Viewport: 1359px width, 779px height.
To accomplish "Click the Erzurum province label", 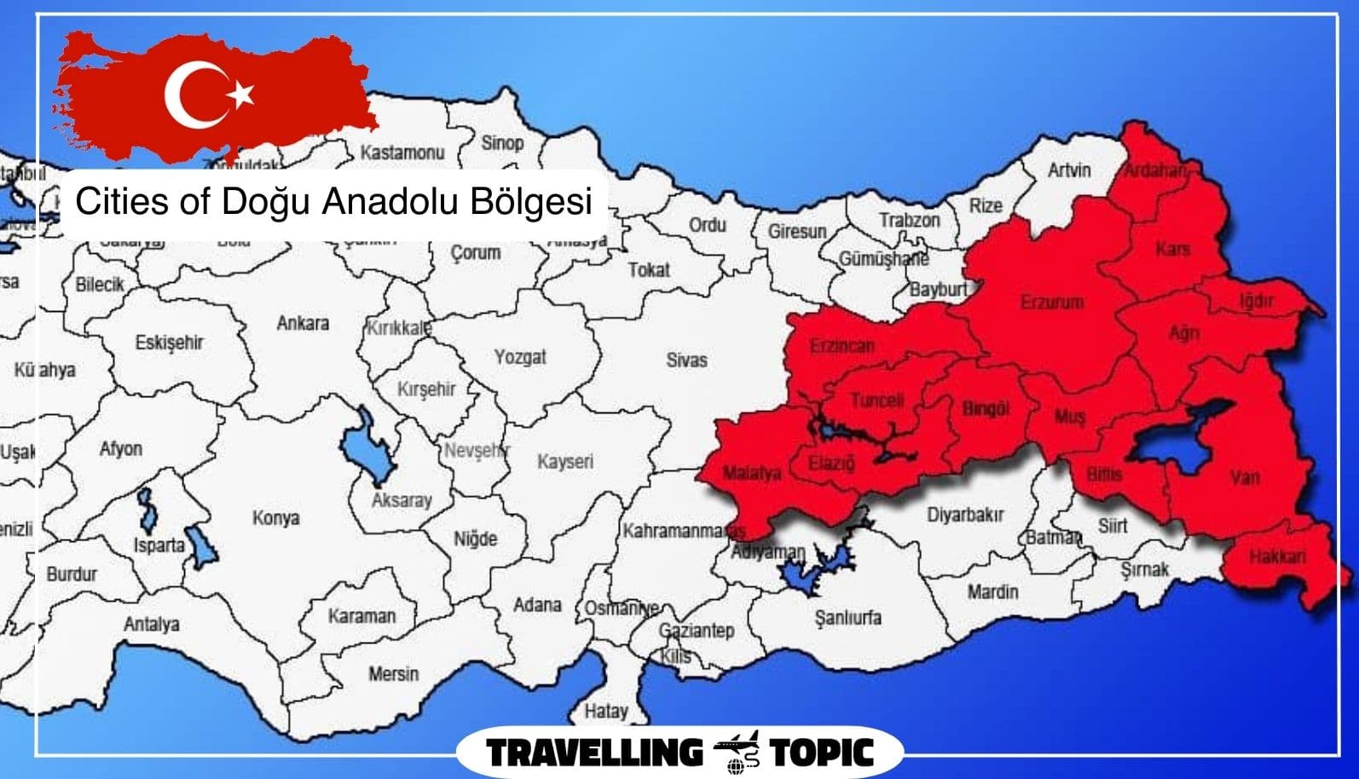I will (1052, 303).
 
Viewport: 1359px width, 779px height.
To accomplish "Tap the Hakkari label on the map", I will (1277, 557).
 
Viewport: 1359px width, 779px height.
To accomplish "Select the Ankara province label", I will (303, 324).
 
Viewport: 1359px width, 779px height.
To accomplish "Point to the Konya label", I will (275, 518).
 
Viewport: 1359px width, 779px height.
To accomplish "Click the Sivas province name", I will (686, 361).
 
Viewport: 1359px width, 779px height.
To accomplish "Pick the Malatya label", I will (751, 473).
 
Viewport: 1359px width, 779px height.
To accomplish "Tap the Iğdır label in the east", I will (1257, 301).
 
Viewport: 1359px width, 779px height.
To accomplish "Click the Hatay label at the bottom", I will (606, 710).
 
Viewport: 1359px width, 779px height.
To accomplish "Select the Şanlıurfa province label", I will (847, 618).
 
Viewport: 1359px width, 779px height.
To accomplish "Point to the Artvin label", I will (1069, 170).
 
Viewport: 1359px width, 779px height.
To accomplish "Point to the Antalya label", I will (152, 625).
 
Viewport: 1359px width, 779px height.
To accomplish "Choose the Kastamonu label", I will (402, 153).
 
